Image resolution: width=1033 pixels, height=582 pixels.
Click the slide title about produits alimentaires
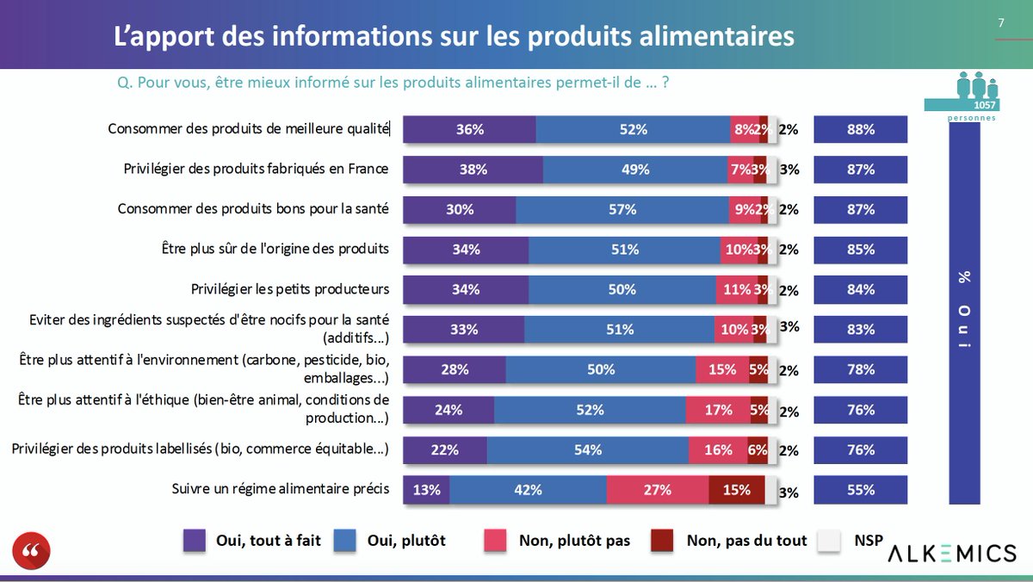[x=455, y=37]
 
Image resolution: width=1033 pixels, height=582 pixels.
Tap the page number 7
[x=1001, y=23]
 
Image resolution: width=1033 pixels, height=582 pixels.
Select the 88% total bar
[x=860, y=130]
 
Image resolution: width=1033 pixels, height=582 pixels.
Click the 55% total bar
[x=860, y=490]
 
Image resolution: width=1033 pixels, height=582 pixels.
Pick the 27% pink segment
[x=657, y=490]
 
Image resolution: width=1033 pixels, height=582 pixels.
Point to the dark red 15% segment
[x=736, y=490]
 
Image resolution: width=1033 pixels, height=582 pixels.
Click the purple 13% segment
[x=426, y=490]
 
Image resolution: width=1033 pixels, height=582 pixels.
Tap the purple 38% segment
[x=473, y=170]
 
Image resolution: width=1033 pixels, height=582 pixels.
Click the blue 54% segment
[x=587, y=449]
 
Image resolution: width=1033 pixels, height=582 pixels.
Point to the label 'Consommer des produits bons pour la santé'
[x=253, y=208]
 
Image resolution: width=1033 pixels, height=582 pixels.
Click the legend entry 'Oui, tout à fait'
[x=252, y=541]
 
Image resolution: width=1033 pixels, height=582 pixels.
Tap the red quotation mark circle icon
[x=32, y=551]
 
